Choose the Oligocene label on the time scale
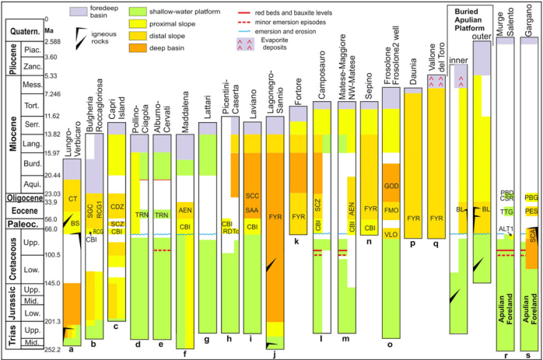click(23, 197)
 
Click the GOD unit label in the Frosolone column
click(391, 187)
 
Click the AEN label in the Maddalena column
click(185, 210)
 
